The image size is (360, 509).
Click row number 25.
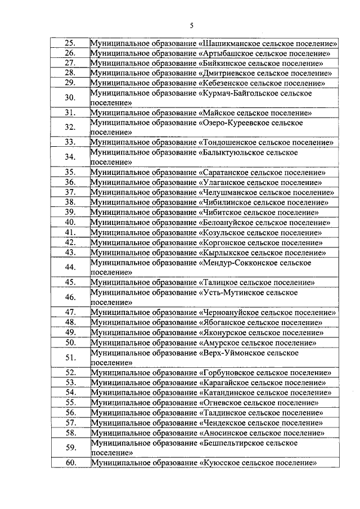click(70, 43)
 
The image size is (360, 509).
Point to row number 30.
click(70, 97)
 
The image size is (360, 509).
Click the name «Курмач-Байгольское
click(237, 93)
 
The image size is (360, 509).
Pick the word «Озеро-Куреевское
click(233, 122)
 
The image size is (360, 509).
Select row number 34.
click(70, 156)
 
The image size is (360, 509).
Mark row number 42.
click(70, 242)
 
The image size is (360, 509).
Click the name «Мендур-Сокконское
click(236, 262)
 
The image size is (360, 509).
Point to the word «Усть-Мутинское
click(230, 292)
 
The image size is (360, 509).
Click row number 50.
click(70, 342)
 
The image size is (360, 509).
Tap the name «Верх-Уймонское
click(231, 353)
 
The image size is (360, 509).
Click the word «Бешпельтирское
click(232, 443)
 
